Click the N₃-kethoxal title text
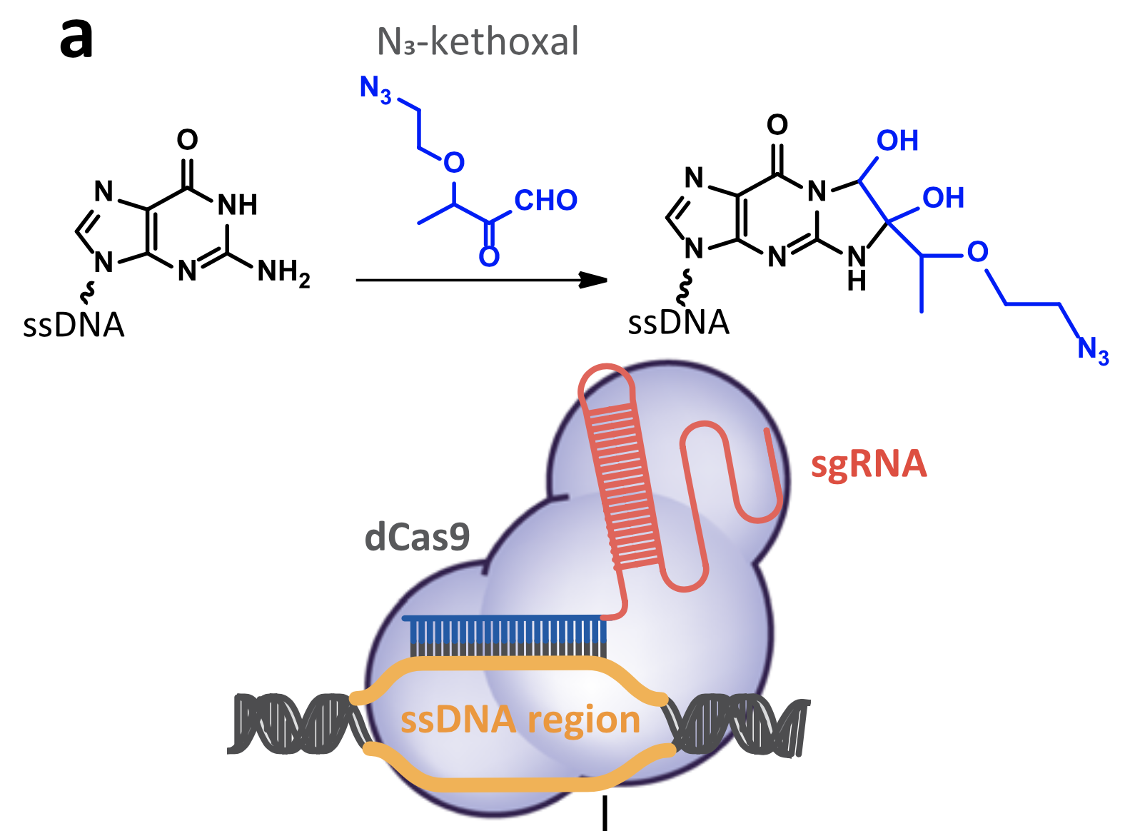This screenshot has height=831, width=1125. coord(478,41)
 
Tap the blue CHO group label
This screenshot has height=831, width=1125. coord(545,201)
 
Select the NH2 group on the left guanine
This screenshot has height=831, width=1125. coord(283,272)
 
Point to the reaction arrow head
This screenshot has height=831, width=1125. coord(594,280)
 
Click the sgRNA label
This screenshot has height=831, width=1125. coord(868,464)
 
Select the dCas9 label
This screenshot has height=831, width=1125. coord(417,537)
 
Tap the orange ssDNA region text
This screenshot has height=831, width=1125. coord(520,720)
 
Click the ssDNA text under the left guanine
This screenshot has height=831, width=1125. coord(74,326)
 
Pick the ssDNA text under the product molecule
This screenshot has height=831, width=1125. coord(678,323)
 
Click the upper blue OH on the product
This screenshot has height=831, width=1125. coord(897,141)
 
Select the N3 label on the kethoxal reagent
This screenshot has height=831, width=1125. coord(375,89)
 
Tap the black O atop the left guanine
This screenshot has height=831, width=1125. coord(187,139)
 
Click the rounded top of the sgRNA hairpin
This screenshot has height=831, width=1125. coord(606,378)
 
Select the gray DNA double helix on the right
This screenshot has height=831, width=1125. coord(738,725)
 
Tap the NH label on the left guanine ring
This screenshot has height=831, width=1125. coord(237,205)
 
